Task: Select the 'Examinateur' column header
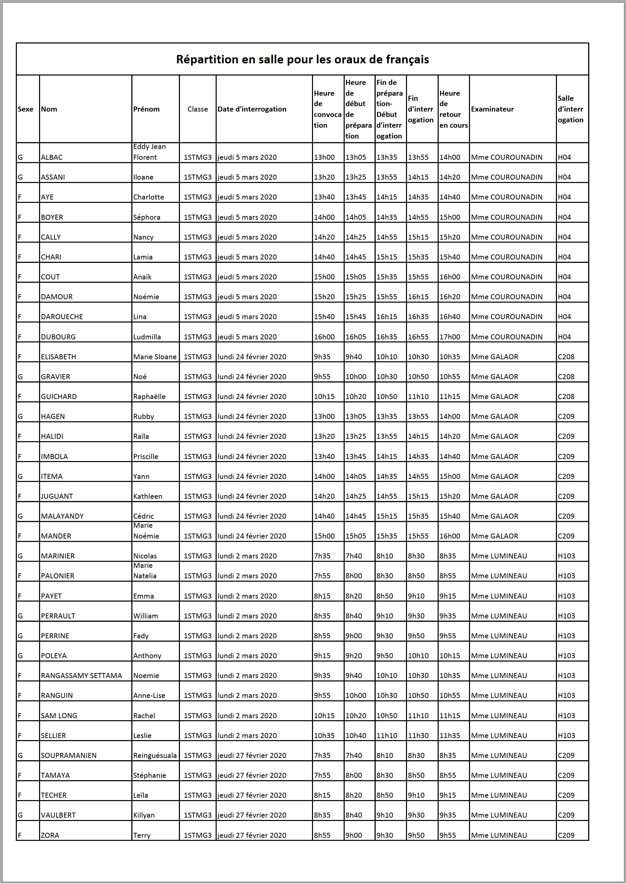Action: (492, 109)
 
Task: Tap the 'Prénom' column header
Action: (146, 109)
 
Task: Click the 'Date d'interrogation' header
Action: (252, 109)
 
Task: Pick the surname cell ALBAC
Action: (52, 157)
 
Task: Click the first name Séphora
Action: (147, 217)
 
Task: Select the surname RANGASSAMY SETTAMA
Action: (81, 675)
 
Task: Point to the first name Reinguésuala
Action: (155, 755)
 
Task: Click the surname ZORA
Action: (50, 835)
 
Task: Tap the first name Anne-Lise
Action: (149, 696)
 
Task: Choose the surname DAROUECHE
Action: (62, 316)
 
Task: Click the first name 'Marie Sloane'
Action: (155, 357)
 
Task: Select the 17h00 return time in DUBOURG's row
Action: (449, 337)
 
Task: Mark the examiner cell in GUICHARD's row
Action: (495, 396)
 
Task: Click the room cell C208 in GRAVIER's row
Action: (566, 377)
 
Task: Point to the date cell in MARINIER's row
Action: (247, 556)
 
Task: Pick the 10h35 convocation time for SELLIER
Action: (324, 736)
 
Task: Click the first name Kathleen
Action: (148, 496)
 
